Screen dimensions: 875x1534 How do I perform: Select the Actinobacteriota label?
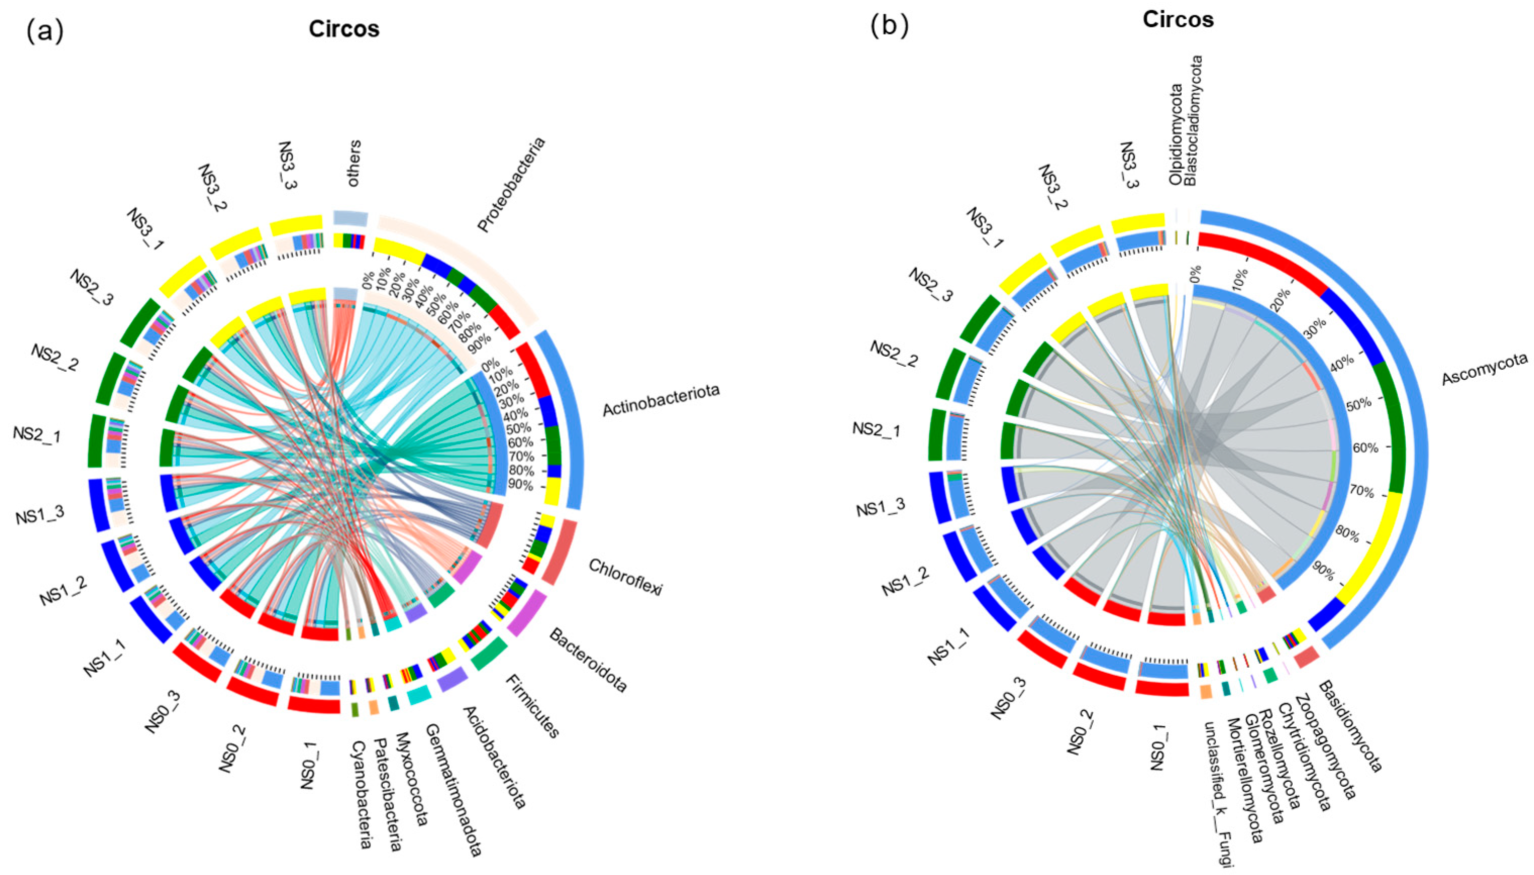click(x=661, y=400)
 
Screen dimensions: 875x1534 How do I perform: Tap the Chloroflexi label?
click(x=625, y=577)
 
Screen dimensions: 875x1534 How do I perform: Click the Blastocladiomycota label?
click(x=1194, y=120)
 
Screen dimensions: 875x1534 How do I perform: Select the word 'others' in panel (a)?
click(x=354, y=163)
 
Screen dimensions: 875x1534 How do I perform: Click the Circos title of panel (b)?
click(x=1178, y=20)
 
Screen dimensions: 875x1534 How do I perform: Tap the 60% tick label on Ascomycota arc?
click(x=1365, y=448)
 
